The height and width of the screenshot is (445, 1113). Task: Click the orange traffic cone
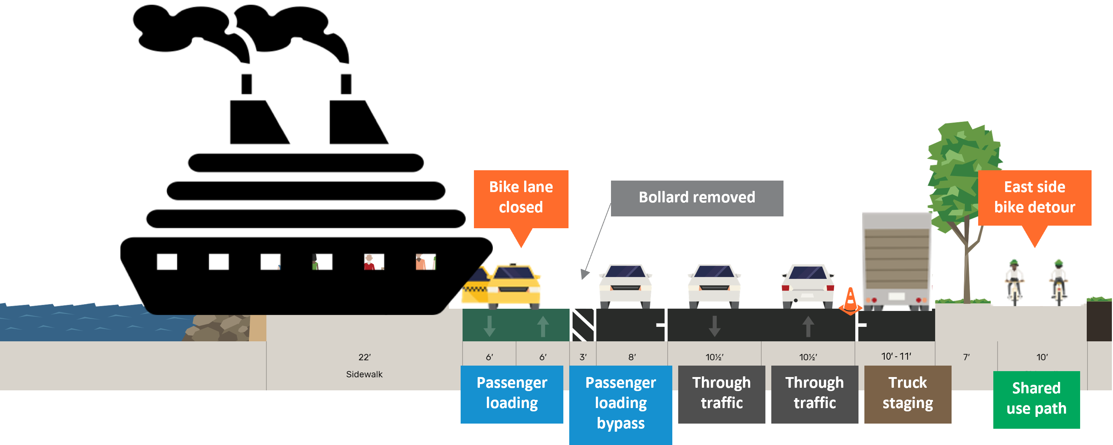pyautogui.click(x=850, y=301)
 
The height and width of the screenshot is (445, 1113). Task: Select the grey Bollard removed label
pyautogui.click(x=696, y=198)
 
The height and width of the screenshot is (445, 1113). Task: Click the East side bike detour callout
pyautogui.click(x=1034, y=198)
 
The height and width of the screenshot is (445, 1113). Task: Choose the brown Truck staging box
pyautogui.click(x=907, y=394)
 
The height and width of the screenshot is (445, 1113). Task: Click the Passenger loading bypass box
pyautogui.click(x=621, y=404)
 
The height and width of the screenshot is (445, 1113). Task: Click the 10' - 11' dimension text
pyautogui.click(x=896, y=356)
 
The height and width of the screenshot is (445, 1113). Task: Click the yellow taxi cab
pyautogui.click(x=514, y=285)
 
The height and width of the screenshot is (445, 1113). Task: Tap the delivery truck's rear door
pyautogui.click(x=897, y=259)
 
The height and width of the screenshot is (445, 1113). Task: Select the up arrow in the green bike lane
pyautogui.click(x=543, y=326)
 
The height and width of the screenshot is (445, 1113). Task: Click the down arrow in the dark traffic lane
pyautogui.click(x=714, y=326)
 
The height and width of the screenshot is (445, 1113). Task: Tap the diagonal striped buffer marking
pyautogui.click(x=583, y=325)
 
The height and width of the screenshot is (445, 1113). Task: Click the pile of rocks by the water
pyautogui.click(x=218, y=328)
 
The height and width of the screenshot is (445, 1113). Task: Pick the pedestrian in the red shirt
pyautogui.click(x=369, y=262)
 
